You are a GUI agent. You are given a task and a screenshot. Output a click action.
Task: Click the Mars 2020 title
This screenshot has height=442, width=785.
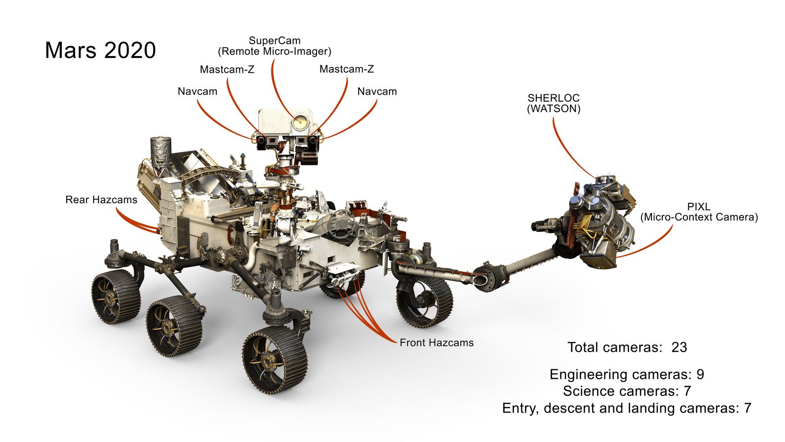tap(100, 50)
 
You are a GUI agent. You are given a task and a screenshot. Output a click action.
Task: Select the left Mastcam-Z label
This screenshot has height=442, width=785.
tap(227, 69)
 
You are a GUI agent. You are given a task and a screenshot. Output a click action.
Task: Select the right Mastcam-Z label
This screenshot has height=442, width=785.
tap(346, 69)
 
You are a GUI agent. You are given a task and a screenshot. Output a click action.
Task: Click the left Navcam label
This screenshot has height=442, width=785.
tap(197, 91)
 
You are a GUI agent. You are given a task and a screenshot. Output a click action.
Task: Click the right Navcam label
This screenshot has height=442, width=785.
tap(377, 91)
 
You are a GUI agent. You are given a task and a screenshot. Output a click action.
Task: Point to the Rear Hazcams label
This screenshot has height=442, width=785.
tap(101, 200)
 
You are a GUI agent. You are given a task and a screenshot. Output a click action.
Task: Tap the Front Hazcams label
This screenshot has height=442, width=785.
tap(437, 343)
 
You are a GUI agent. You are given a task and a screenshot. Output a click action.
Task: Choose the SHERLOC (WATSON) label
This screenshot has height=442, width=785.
tap(553, 103)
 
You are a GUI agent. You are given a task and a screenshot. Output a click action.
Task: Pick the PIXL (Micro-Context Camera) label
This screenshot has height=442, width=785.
tap(699, 212)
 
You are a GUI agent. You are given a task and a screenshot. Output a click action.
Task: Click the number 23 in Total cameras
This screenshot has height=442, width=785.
tap(679, 347)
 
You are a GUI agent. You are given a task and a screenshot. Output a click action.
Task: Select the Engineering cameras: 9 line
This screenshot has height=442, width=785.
tap(627, 374)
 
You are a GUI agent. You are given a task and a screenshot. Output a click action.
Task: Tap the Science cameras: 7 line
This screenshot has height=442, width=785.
tap(627, 391)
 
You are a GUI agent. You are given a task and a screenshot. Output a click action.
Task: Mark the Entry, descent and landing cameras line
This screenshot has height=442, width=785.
tap(627, 408)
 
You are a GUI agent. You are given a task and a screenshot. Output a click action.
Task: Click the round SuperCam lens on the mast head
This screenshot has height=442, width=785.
tap(300, 121)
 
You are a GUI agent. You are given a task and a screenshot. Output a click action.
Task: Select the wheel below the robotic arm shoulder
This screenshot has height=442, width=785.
tap(424, 301)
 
